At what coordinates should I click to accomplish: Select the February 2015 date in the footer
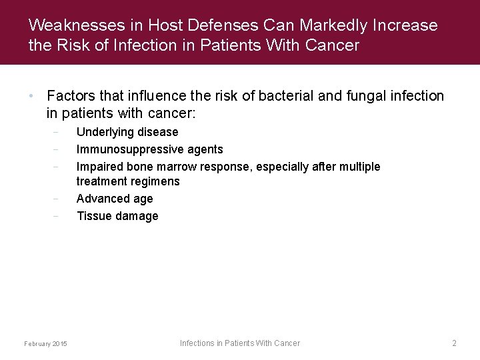tap(45, 343)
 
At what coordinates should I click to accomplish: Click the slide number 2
tap(454, 343)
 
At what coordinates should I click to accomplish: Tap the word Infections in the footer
tap(197, 343)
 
